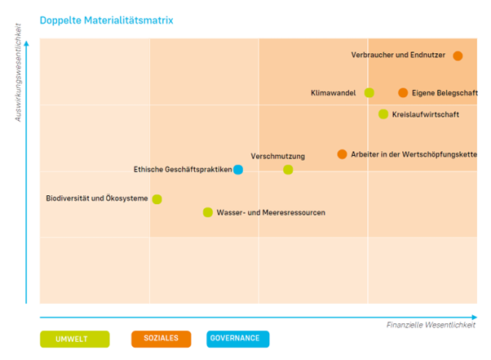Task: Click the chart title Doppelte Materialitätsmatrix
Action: [x=106, y=19]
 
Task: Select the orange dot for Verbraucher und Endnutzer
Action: [x=458, y=56]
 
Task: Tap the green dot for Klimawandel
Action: [x=369, y=92]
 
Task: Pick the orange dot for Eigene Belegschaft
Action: [x=403, y=92]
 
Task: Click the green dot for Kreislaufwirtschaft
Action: [x=383, y=113]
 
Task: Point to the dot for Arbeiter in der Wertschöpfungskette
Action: [x=342, y=154]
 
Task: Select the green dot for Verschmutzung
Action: [x=288, y=170]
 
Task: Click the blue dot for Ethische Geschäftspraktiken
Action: [x=238, y=170]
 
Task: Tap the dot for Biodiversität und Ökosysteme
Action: [x=157, y=199]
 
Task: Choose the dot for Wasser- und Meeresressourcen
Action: [x=207, y=212]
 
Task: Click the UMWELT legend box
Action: [x=74, y=339]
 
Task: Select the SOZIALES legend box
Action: [x=161, y=339]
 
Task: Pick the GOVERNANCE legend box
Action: [x=235, y=339]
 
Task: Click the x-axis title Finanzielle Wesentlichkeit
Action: [x=431, y=325]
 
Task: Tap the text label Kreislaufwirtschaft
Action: [x=425, y=114]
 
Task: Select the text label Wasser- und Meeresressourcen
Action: [x=271, y=212]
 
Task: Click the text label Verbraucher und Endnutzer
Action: [x=398, y=56]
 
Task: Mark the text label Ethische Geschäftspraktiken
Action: [x=182, y=170]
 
